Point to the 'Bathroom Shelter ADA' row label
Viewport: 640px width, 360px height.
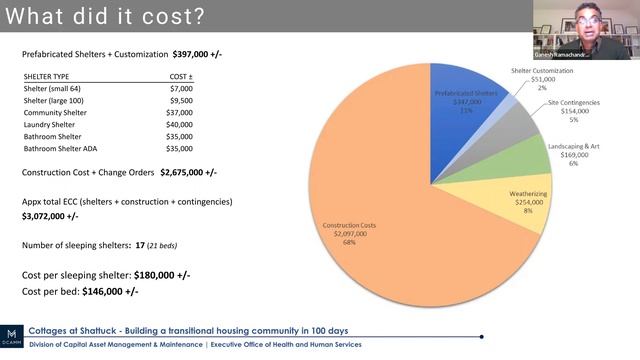click(x=67, y=148)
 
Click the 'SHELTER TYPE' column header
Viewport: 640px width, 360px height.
click(x=50, y=75)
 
